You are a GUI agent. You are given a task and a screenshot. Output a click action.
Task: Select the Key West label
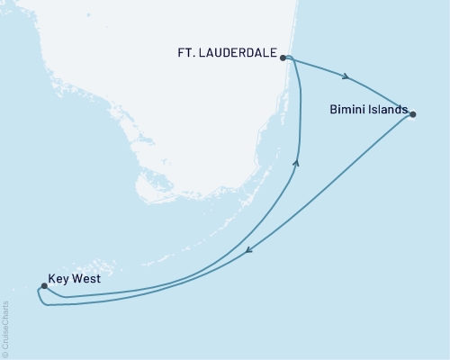click(74, 280)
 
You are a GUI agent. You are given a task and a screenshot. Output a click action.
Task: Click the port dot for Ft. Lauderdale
click(283, 58)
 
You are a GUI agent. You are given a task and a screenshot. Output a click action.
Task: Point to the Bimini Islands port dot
click(413, 113)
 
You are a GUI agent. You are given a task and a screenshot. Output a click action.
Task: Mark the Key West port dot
click(43, 287)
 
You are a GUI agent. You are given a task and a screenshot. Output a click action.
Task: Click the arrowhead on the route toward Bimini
click(346, 76)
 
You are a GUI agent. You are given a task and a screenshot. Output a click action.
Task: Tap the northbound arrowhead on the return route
click(297, 162)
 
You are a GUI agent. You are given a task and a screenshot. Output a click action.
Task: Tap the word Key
click(60, 280)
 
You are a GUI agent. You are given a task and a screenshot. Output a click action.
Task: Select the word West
click(86, 280)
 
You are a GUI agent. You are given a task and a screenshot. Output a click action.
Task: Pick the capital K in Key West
click(51, 280)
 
